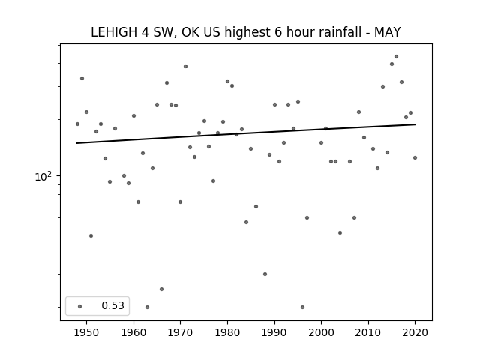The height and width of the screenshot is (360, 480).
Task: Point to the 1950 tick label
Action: tap(87, 332)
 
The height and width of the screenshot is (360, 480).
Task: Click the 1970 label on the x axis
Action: tap(181, 332)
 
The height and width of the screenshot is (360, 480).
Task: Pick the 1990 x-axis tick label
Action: tap(274, 332)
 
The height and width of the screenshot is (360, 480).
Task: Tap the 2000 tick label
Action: tap(322, 332)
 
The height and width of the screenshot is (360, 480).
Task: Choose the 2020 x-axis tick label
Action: tap(415, 332)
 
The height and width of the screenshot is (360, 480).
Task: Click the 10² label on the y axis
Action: tap(43, 176)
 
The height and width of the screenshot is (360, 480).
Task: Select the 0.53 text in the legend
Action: tap(113, 305)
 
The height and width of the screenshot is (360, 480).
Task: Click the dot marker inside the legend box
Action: tap(80, 306)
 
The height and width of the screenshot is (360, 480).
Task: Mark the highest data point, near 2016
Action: tap(397, 57)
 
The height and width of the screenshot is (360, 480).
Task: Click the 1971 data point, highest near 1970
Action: tap(185, 67)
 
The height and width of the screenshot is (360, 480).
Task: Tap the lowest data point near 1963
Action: tap(147, 307)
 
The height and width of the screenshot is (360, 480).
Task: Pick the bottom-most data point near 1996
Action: tap(302, 307)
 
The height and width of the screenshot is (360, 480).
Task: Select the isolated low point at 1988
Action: tap(265, 274)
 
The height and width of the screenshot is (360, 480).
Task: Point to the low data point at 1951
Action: tap(91, 235)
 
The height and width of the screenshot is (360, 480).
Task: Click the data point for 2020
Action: tap(415, 158)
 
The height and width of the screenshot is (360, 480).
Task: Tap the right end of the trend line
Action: tap(415, 124)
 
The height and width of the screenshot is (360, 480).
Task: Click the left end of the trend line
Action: tap(76, 143)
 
